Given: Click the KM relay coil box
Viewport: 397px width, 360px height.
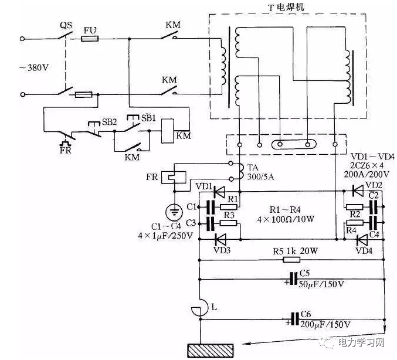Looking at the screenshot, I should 167,128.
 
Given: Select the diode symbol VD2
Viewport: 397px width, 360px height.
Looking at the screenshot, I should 357,191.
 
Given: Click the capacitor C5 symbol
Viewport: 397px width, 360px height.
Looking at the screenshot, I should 291,279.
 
